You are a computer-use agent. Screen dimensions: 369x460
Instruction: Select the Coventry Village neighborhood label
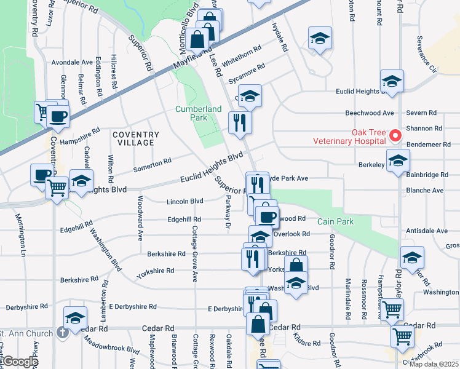135,138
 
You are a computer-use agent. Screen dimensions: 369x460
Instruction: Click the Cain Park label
335,221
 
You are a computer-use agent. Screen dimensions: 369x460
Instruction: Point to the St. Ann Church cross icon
61,333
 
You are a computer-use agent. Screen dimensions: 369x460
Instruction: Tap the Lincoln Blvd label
184,201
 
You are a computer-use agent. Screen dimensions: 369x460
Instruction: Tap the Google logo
20,362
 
